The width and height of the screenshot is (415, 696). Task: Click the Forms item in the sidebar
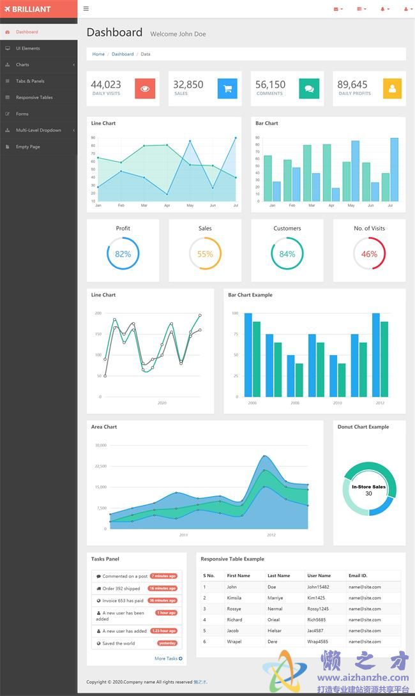(22, 114)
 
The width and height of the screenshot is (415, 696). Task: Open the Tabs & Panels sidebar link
(30, 81)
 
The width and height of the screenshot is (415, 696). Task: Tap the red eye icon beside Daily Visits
(145, 89)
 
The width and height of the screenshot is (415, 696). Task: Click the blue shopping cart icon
(227, 89)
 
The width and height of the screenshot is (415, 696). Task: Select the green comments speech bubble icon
(309, 89)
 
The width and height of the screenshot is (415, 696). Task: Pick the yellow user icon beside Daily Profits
(392, 89)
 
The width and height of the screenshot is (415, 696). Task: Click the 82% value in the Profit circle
(123, 253)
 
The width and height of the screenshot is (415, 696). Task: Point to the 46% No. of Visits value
(369, 253)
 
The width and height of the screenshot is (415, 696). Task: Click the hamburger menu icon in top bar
(86, 9)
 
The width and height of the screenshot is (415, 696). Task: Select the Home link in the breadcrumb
(98, 54)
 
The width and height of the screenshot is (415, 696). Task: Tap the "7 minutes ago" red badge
(163, 576)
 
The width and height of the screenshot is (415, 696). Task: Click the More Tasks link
(168, 658)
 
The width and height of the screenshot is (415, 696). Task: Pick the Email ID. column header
(358, 575)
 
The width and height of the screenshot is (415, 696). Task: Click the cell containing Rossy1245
(318, 609)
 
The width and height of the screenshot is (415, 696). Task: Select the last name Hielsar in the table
(275, 630)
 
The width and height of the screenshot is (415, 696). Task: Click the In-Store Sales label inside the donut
(368, 487)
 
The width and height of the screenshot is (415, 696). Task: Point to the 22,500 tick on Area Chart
(101, 466)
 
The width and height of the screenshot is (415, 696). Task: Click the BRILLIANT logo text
(31, 9)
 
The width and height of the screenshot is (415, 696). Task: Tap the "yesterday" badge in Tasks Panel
(167, 643)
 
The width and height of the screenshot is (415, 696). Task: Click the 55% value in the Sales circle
(205, 253)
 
